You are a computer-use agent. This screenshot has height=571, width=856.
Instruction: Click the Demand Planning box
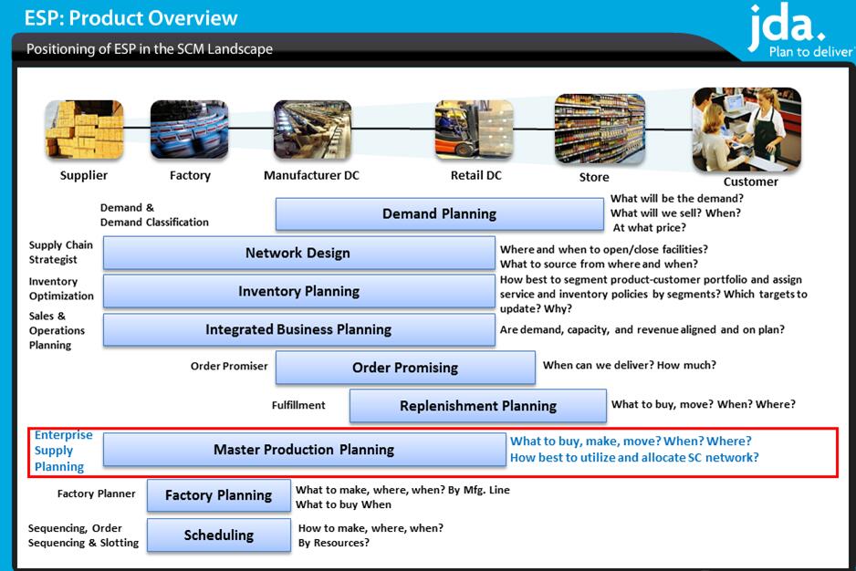440,213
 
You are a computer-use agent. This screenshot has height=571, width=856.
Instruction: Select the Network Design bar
299,253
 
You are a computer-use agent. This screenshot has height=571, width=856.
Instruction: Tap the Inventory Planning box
299,291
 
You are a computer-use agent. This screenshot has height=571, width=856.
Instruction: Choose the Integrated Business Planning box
299,329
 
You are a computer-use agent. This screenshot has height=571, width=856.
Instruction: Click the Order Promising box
405,368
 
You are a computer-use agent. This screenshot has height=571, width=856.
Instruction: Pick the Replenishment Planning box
477,406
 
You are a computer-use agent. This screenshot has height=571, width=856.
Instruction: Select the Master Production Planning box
305,450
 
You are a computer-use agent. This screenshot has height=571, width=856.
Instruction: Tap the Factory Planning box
218,495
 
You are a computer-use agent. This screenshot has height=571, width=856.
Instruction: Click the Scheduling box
218,535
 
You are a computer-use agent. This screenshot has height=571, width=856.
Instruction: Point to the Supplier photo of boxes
85,130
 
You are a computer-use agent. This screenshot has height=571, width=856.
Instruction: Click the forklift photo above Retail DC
474,129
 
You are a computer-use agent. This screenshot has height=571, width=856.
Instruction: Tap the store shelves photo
600,129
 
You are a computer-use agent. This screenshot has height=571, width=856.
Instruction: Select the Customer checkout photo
746,130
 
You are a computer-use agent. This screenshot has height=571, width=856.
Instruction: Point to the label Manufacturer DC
311,175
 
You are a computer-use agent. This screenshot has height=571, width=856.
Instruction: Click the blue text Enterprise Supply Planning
63,451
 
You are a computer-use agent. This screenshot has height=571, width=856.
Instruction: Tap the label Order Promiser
229,366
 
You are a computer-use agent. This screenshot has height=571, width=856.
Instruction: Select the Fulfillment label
298,405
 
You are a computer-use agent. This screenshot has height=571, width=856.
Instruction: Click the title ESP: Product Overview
131,18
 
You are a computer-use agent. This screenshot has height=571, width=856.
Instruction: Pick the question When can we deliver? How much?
630,365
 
